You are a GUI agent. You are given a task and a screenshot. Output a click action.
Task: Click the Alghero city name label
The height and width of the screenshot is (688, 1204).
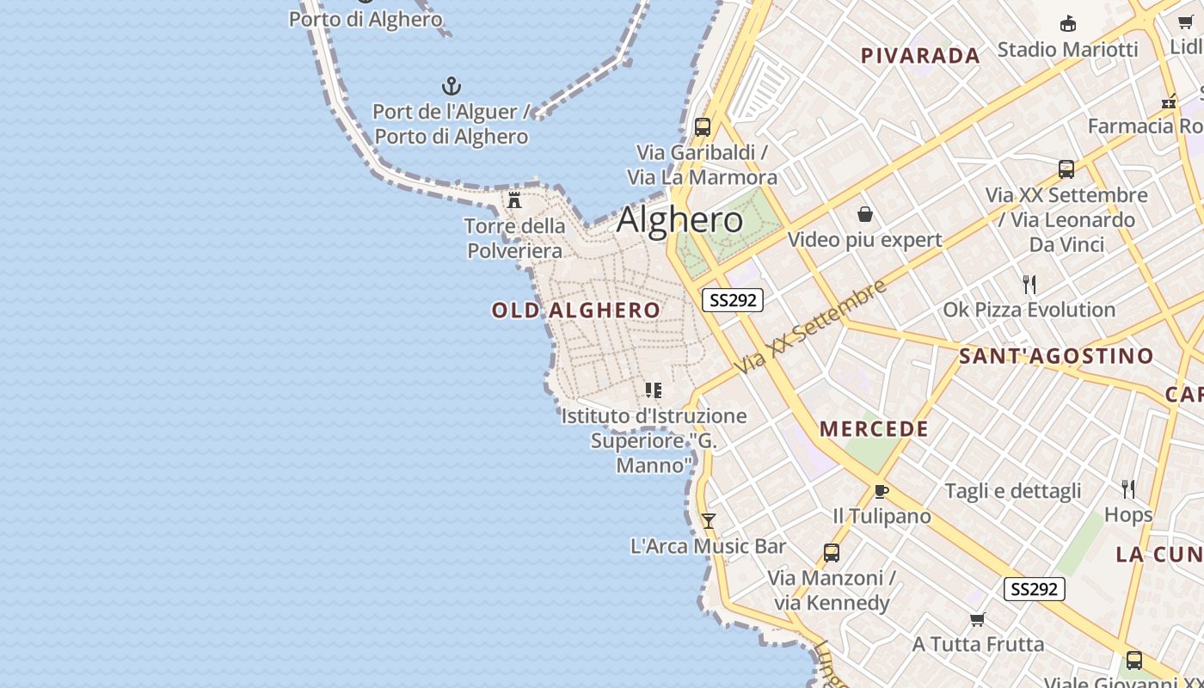click(679, 220)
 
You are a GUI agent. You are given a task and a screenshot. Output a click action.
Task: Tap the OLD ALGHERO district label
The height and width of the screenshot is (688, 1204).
click(576, 310)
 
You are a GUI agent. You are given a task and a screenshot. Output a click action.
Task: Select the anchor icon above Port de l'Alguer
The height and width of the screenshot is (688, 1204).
click(451, 86)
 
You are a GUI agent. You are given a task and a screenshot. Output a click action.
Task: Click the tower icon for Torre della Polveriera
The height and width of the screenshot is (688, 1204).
click(514, 200)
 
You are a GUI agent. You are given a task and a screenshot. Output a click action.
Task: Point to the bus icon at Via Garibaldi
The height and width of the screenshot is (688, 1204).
click(703, 127)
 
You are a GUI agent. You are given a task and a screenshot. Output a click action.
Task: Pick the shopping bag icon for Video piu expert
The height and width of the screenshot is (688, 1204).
click(865, 214)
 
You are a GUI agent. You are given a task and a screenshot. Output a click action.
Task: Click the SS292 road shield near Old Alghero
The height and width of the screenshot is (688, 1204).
click(733, 300)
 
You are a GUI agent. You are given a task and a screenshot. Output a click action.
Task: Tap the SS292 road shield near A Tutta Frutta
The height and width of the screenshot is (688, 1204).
click(1034, 589)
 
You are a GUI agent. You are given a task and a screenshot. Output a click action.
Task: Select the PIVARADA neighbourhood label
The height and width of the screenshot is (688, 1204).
click(920, 56)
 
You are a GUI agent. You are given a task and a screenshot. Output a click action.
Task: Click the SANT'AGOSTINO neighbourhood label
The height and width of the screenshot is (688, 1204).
click(1056, 356)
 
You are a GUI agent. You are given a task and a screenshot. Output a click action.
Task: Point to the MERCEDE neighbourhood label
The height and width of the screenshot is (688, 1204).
click(874, 429)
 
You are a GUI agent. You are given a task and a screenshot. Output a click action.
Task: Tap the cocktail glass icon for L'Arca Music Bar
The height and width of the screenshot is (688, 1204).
click(708, 521)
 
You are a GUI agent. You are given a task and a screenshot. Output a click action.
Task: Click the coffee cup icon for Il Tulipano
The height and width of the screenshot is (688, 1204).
click(881, 491)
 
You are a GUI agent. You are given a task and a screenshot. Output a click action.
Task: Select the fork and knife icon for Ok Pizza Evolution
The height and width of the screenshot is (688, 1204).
click(1029, 285)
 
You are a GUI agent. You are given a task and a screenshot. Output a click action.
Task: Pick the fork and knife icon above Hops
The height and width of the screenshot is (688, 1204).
click(1128, 489)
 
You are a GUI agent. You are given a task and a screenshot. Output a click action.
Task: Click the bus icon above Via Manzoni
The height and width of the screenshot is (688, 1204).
click(832, 553)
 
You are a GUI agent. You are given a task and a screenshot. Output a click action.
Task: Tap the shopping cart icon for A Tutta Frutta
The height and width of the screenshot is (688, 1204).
click(977, 619)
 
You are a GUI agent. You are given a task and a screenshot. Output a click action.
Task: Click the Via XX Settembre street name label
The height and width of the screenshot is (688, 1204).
click(810, 327)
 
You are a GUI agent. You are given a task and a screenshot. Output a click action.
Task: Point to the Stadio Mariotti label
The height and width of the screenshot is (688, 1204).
click(1067, 49)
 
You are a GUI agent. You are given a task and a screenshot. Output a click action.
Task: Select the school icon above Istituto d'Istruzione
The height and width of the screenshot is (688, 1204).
click(654, 390)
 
